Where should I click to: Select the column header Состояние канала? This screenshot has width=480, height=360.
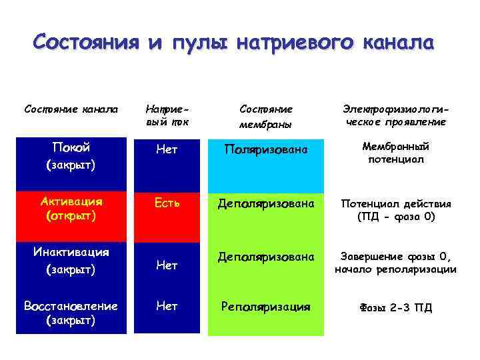pyautogui.click(x=71, y=108)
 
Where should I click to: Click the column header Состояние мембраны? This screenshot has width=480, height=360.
pyautogui.click(x=266, y=115)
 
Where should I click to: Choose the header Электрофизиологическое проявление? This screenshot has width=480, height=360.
pyautogui.click(x=395, y=115)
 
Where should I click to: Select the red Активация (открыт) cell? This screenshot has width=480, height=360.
pyautogui.click(x=71, y=209)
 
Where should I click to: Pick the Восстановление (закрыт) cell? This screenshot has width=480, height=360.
pyautogui.click(x=71, y=313)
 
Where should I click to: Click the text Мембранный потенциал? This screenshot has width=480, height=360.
pyautogui.click(x=395, y=153)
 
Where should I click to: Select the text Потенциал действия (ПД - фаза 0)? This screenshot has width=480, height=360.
pyautogui.click(x=395, y=209)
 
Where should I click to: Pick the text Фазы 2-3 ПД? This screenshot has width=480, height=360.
pyautogui.click(x=395, y=307)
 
